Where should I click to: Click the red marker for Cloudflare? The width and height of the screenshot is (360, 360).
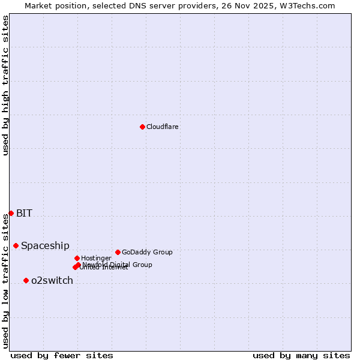142,127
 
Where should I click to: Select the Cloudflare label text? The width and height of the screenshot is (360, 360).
163,127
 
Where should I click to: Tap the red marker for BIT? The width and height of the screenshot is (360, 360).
11,213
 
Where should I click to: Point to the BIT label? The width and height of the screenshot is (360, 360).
24,213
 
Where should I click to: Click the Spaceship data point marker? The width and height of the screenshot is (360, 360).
16,245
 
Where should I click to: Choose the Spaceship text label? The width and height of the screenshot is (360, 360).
45,245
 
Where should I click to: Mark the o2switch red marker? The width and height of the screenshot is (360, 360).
26,280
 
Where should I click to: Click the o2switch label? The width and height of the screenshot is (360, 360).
52,280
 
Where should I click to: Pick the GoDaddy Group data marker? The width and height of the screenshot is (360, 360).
118,252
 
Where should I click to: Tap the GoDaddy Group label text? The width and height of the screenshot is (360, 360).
147,252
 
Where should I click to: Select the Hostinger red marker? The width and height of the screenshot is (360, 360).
77,258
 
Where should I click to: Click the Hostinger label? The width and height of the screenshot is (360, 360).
96,258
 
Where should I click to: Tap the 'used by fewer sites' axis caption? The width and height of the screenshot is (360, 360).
62,355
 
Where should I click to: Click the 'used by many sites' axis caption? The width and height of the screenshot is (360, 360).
301,355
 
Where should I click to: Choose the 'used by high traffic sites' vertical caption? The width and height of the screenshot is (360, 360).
5,85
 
